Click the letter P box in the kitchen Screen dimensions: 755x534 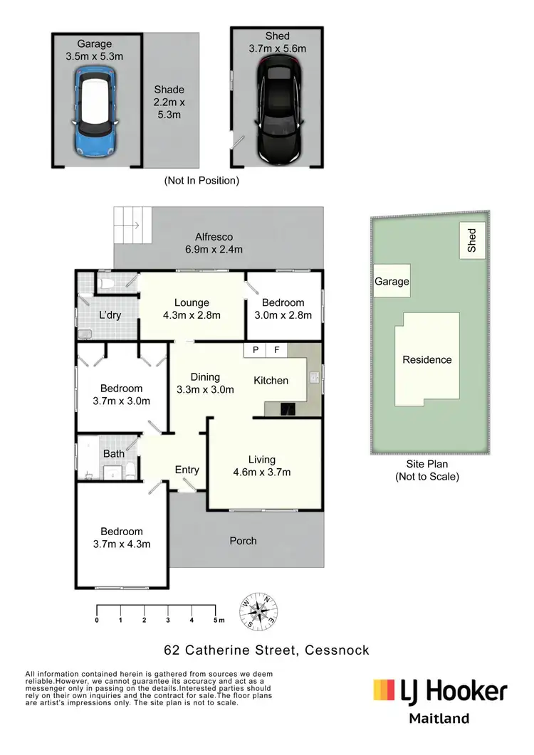[254, 350]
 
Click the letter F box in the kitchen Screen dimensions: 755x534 [277, 350]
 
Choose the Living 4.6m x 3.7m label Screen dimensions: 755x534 [263, 465]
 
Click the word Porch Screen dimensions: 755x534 [243, 541]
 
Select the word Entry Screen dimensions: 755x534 [187, 470]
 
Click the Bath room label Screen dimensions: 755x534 [114, 453]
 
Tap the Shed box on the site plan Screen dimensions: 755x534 [472, 241]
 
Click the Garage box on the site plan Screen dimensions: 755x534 [392, 282]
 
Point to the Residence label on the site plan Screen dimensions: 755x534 [427, 359]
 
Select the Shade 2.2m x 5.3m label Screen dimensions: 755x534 [169, 102]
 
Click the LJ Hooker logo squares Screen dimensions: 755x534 [385, 690]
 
